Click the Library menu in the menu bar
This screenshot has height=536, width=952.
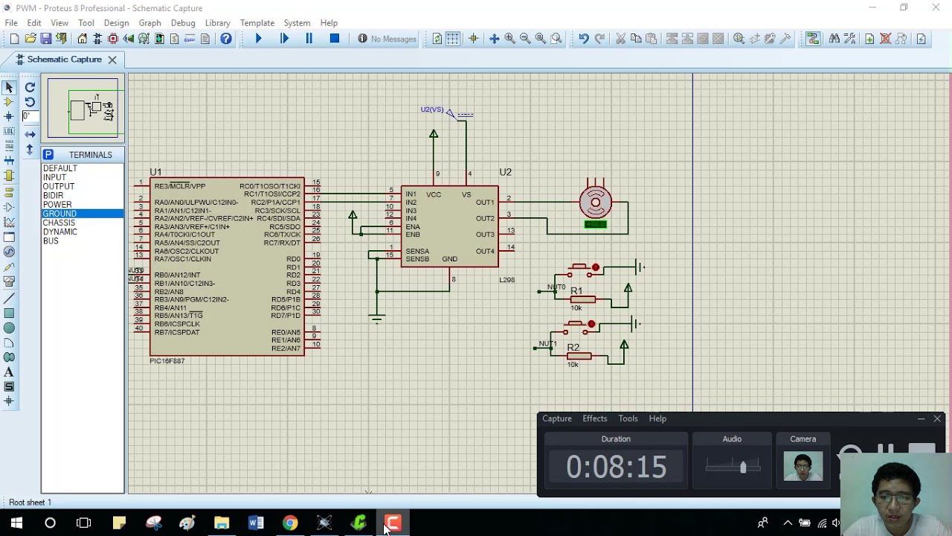click(217, 23)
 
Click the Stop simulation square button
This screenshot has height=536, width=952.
click(335, 39)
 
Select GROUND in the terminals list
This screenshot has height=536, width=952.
click(59, 214)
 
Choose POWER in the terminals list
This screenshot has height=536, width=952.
click(57, 205)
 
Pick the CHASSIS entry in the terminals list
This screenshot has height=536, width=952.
click(59, 223)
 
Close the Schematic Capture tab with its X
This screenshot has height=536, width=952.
click(112, 60)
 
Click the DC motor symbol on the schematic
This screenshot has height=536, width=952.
click(596, 202)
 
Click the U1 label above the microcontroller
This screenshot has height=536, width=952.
click(155, 172)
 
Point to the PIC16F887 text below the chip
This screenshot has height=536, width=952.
click(167, 361)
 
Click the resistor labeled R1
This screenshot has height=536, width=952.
click(582, 299)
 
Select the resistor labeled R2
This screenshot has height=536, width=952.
click(579, 356)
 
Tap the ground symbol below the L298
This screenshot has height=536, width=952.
click(377, 319)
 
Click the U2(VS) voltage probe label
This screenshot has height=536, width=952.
click(431, 109)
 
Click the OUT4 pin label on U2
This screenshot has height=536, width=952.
click(485, 251)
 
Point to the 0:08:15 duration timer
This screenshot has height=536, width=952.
click(616, 467)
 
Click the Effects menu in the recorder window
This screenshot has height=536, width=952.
click(594, 418)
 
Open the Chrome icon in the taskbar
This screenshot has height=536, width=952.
click(290, 523)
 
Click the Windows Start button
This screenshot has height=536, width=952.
click(16, 523)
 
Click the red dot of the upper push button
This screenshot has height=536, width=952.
click(596, 267)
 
